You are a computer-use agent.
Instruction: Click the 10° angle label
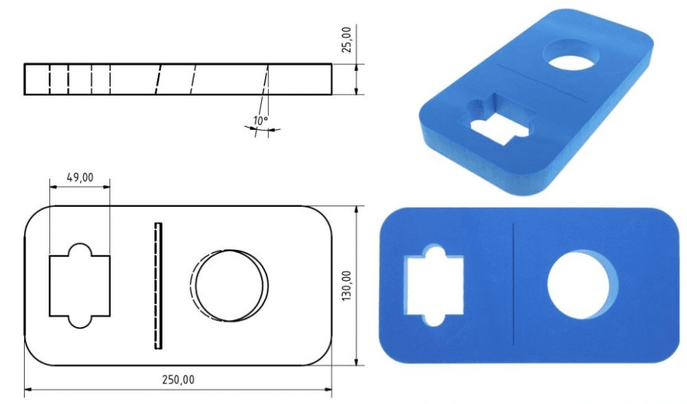[260, 121]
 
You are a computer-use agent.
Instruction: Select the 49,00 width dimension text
[79, 177]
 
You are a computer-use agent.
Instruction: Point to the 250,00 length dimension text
[178, 379]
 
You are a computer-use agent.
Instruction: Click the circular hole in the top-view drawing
[231, 285]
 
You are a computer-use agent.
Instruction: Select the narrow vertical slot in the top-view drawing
[158, 285]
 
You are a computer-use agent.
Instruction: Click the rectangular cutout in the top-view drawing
[80, 285]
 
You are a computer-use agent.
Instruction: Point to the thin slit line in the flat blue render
[513, 284]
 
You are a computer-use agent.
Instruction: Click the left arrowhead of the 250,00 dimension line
[29, 388]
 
